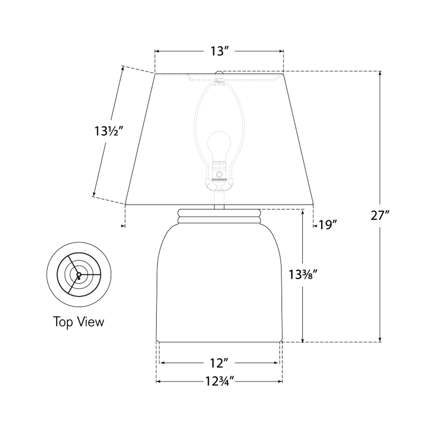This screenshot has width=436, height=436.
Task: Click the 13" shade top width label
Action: point(219,52)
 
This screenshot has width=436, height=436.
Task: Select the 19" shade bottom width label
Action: point(328,225)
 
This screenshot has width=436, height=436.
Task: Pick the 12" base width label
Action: point(219,363)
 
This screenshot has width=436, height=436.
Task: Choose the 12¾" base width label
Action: point(219,382)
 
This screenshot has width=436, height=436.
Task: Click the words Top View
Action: point(79,322)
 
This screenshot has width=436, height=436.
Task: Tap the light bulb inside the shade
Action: point(219,145)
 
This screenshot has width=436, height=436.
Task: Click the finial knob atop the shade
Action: point(219,73)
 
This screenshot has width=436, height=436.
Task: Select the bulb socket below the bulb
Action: point(219,173)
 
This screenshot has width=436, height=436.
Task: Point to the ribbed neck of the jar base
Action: point(219,216)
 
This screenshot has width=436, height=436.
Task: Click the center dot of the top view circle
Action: point(79,274)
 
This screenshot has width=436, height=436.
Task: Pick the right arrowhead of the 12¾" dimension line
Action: point(280,382)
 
